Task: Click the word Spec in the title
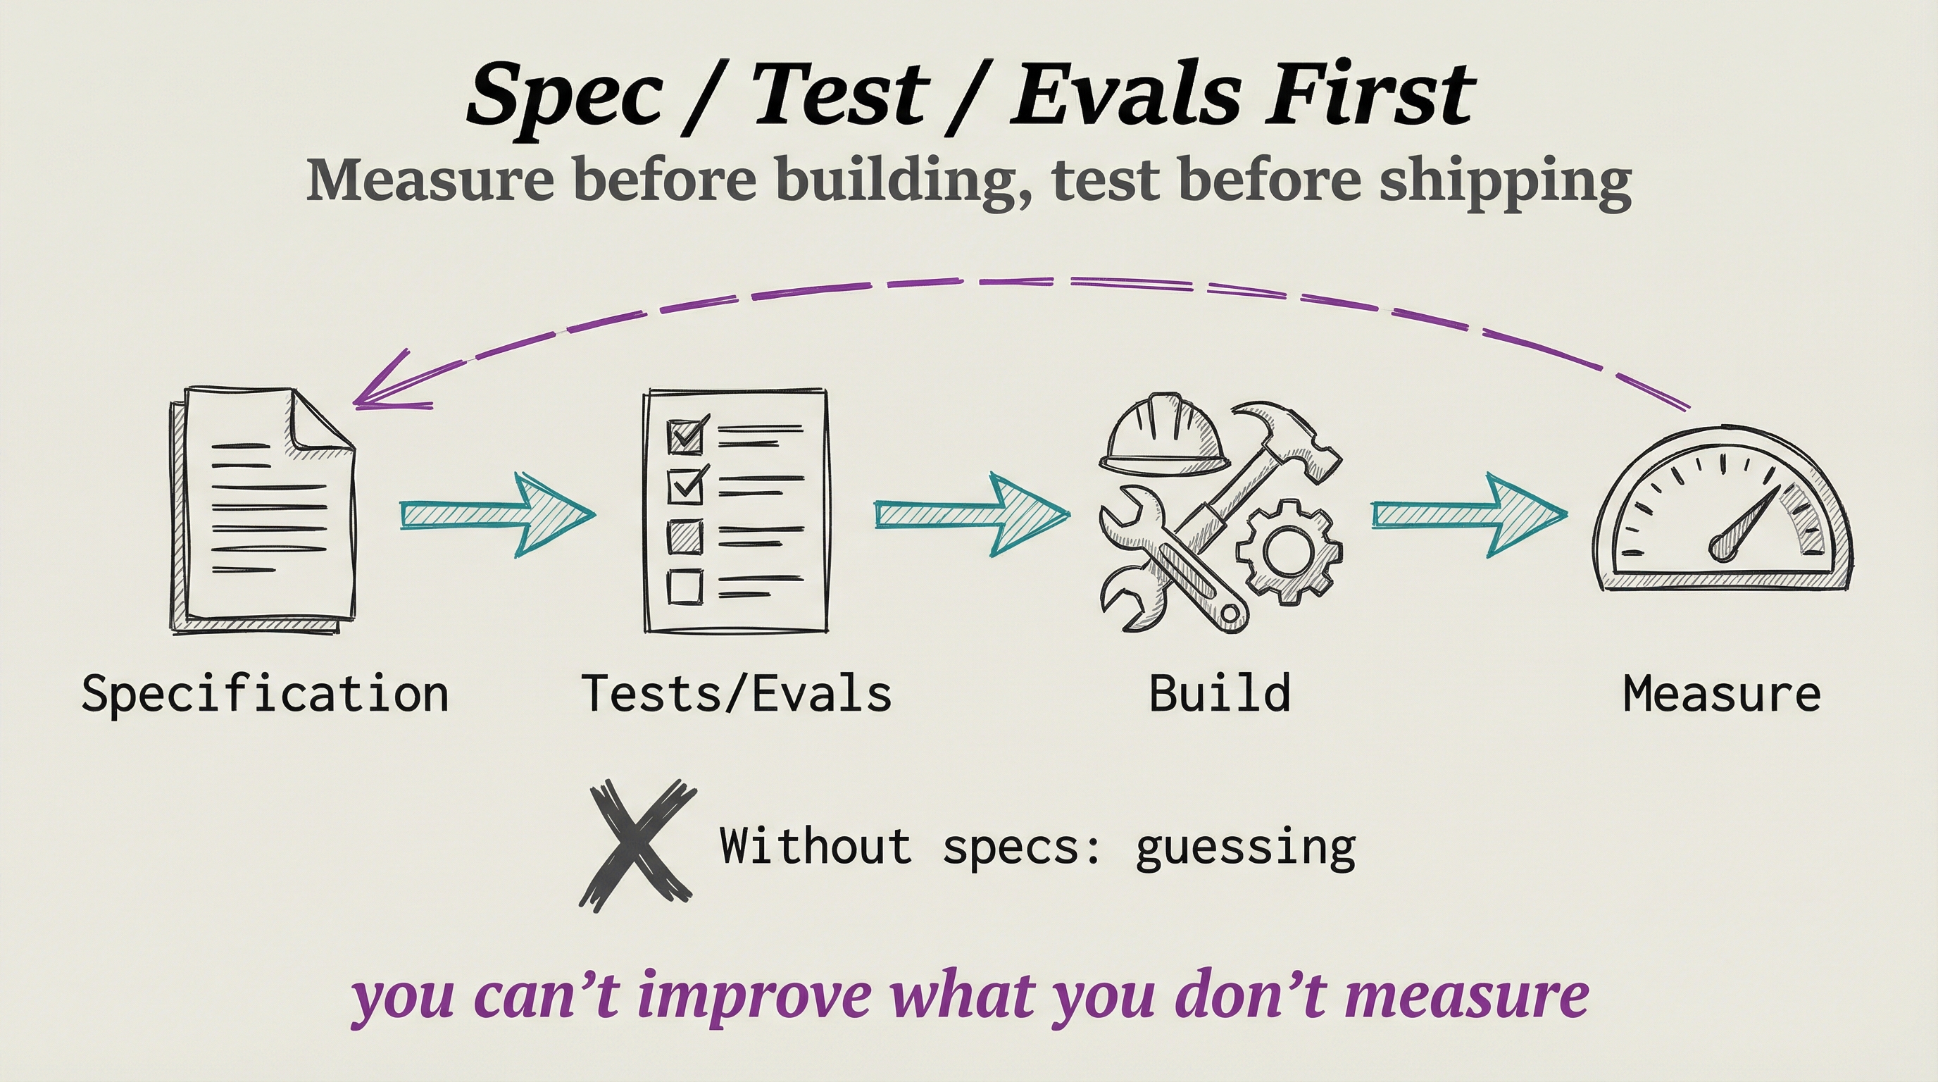click(564, 97)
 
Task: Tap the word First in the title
click(1369, 95)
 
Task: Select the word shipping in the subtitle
click(1505, 181)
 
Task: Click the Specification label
click(265, 694)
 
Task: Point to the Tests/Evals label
click(737, 694)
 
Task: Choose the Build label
click(1220, 694)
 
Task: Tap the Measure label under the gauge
click(1722, 694)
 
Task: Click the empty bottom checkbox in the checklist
click(684, 585)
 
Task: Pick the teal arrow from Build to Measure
click(1468, 515)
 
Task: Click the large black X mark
click(637, 845)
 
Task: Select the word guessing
click(1245, 847)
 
